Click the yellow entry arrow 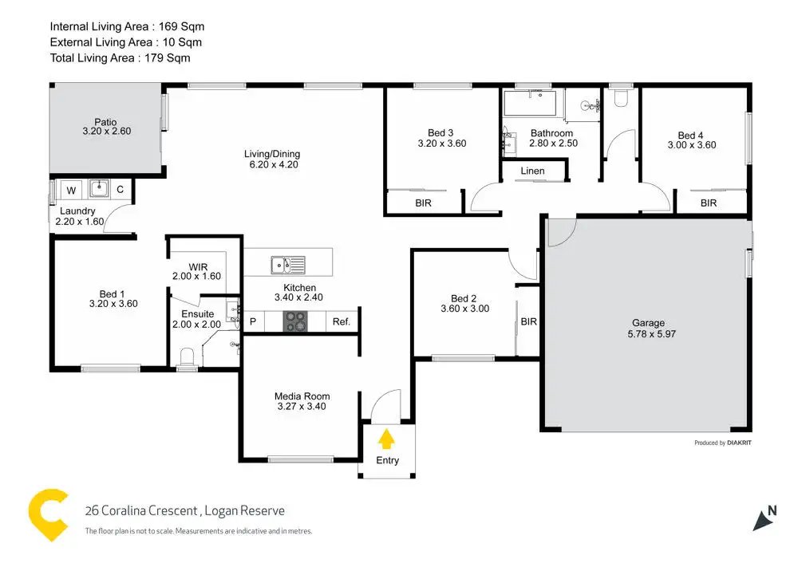[x=386, y=438]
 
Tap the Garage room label [x=648, y=323]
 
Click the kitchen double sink [x=286, y=263]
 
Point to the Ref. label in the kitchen [x=342, y=321]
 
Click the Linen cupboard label [x=532, y=171]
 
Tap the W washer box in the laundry [x=71, y=190]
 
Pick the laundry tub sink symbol [x=99, y=188]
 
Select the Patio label [x=105, y=122]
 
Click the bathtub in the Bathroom [x=533, y=104]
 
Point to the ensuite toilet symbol [x=187, y=356]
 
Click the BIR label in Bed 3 [x=423, y=203]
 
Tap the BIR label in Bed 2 [x=528, y=322]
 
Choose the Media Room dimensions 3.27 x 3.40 [x=302, y=407]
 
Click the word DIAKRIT [x=739, y=443]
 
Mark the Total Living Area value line [x=120, y=57]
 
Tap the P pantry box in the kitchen [x=253, y=321]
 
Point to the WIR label [x=198, y=266]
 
